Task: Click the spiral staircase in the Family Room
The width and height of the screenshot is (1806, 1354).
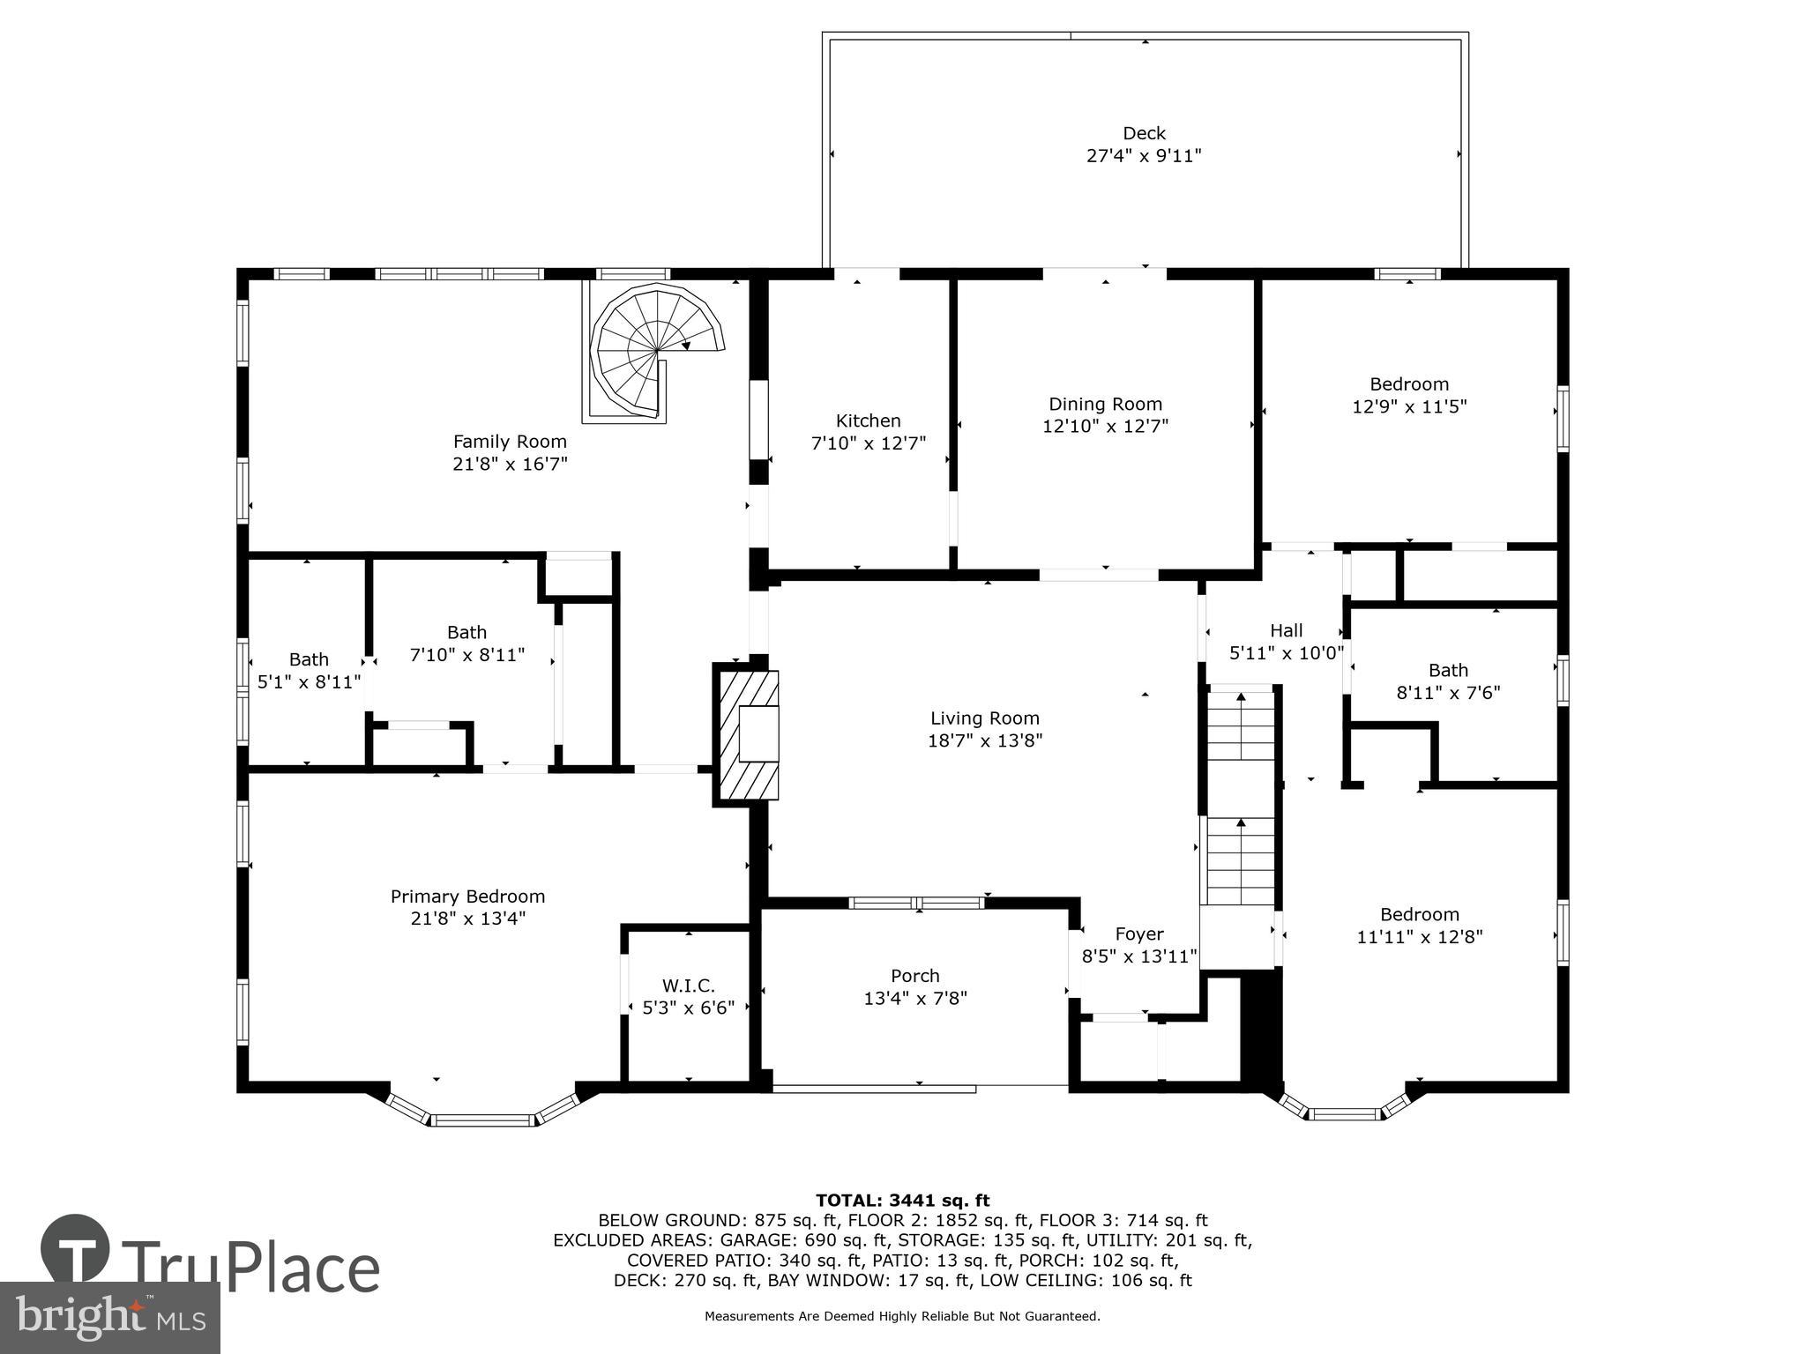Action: [x=654, y=353]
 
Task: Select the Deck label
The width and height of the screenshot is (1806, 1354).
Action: [x=1144, y=133]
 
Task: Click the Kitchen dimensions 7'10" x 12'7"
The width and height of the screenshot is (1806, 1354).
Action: [x=869, y=443]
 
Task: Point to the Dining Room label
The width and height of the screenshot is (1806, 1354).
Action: [x=1105, y=404]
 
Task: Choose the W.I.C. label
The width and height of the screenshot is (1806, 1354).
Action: [x=688, y=986]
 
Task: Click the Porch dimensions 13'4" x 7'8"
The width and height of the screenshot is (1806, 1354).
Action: [x=915, y=999]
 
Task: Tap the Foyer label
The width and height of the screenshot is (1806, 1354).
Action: [x=1139, y=934]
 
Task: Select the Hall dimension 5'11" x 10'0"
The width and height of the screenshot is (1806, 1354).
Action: [x=1286, y=653]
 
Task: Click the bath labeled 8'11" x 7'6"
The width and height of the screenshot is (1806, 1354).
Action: [x=1448, y=681]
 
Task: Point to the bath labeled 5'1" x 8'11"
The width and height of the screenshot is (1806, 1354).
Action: [x=309, y=671]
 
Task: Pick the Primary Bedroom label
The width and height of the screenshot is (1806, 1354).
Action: [x=467, y=896]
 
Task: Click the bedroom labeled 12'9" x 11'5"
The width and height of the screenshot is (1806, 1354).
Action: [x=1409, y=396]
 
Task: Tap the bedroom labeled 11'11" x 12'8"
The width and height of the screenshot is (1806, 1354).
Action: [x=1420, y=926]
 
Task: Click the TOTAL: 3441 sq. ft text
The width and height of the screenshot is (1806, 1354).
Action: [x=902, y=1200]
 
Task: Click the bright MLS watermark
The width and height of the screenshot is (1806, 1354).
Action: [x=109, y=1317]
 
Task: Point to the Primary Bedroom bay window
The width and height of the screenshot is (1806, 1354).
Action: [x=483, y=1120]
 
